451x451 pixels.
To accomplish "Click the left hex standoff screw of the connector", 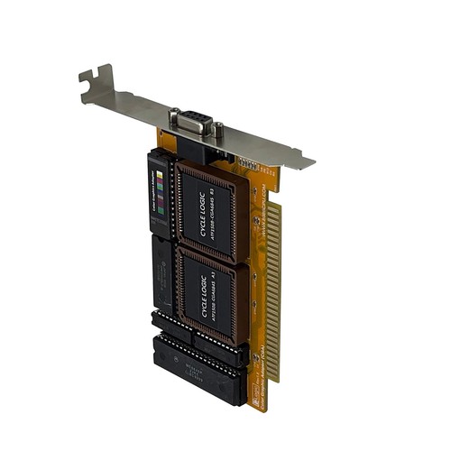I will tap(173, 115).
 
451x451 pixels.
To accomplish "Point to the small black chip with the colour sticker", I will tap(160, 194).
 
